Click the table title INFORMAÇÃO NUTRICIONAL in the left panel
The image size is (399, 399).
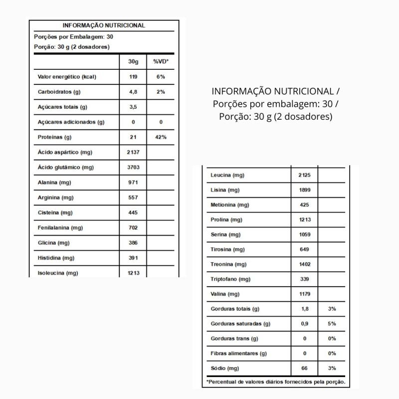coord(104,25)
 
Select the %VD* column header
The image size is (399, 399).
coord(161,61)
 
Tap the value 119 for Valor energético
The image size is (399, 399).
coord(132,77)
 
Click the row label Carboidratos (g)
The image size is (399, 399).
coord(59,92)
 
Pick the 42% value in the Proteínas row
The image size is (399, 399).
coord(161,137)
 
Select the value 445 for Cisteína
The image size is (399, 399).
coord(132,213)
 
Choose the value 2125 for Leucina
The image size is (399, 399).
coord(304,176)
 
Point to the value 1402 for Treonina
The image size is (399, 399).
coord(304,264)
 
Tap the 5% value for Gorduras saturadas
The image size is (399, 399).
coord(332,324)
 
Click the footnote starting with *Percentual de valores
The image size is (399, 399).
coord(275,382)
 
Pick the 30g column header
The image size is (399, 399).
coord(132,61)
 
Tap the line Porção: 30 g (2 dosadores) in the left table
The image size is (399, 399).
coord(72,47)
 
